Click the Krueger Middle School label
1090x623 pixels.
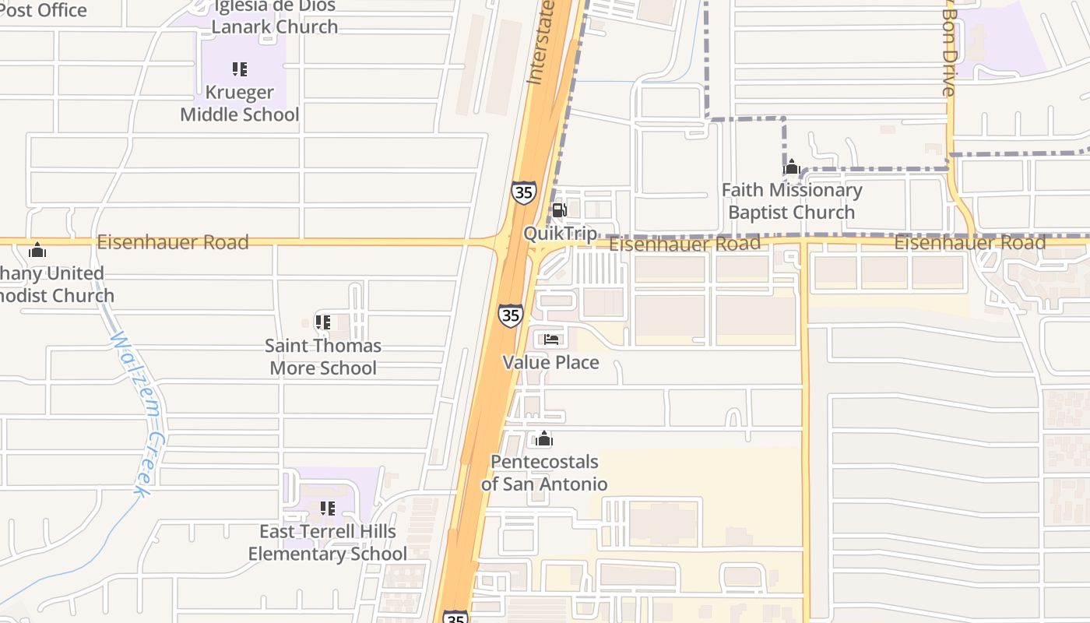[x=240, y=104]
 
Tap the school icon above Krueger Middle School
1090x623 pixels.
[x=240, y=69]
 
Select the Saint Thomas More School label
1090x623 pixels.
[x=323, y=357]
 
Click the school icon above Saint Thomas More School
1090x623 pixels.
[x=323, y=322]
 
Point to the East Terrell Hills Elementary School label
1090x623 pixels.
[x=327, y=543]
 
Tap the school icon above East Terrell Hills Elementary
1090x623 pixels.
[x=328, y=509]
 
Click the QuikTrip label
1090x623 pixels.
[x=560, y=234]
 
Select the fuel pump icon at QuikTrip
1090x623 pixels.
[x=559, y=209]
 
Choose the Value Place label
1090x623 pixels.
[x=550, y=362]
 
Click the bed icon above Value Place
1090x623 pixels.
[x=551, y=339]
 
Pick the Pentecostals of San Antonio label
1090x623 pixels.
[x=544, y=473]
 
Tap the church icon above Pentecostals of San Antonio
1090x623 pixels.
[x=543, y=439]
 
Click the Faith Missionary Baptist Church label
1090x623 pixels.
[x=792, y=201]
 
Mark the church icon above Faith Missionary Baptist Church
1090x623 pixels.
[x=792, y=167]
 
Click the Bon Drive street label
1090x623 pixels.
[x=948, y=51]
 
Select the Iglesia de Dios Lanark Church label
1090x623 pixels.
[x=275, y=16]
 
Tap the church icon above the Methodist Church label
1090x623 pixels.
[x=37, y=251]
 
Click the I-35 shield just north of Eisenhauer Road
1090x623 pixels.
[x=523, y=192]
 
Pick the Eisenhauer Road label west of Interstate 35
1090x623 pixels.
[x=173, y=242]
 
